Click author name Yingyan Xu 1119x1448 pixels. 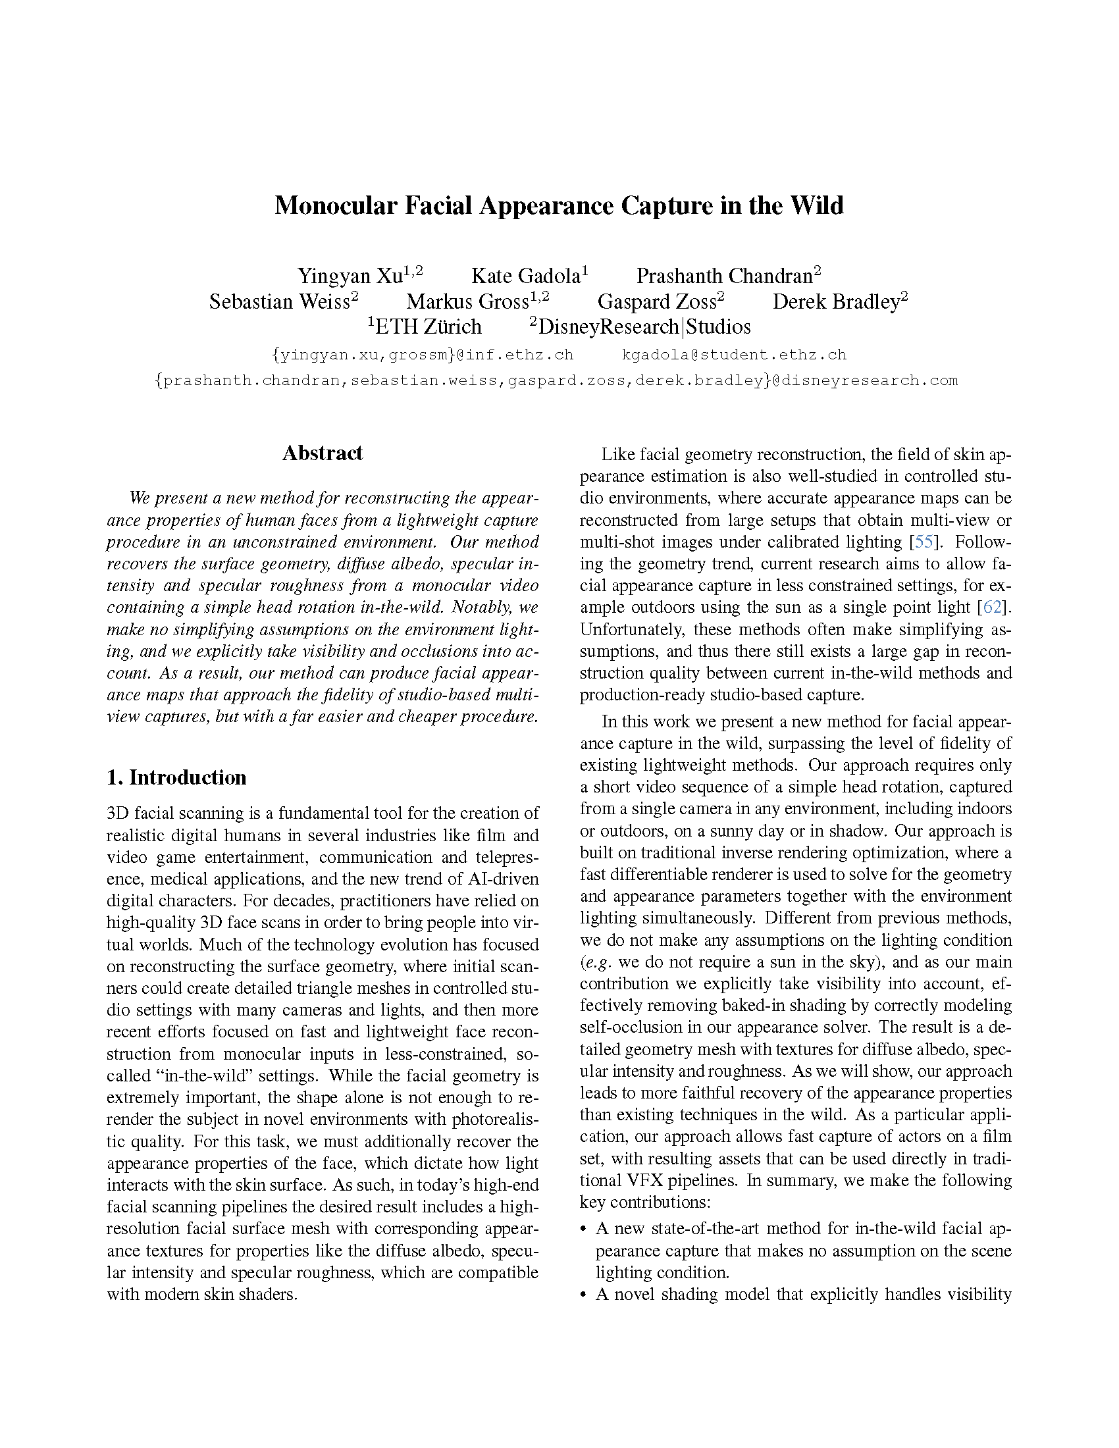350,276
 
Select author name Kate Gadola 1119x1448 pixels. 527,276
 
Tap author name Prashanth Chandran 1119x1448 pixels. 724,276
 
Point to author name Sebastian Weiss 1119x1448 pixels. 279,301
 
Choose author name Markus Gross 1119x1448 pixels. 467,301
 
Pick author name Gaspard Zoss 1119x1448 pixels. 657,301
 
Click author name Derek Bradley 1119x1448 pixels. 836,301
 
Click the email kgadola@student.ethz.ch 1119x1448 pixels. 734,355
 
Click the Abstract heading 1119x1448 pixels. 322,453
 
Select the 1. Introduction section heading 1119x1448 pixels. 176,777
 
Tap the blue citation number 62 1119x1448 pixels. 992,607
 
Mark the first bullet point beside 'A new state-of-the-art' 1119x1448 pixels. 583,1229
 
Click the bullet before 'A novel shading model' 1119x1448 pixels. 583,1295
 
